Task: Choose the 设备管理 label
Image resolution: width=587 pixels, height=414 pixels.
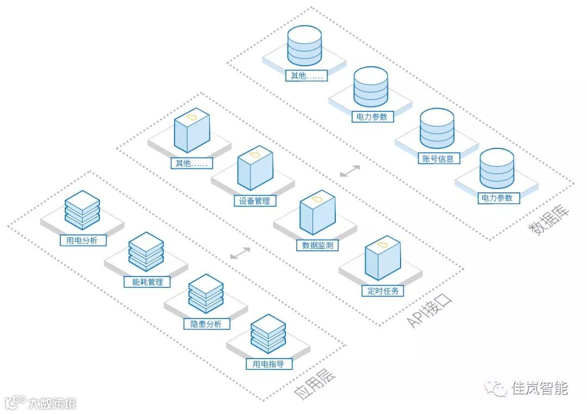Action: click(255, 201)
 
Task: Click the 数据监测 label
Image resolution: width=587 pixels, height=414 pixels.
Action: click(317, 246)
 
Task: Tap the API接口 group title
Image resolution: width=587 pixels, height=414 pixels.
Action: click(429, 312)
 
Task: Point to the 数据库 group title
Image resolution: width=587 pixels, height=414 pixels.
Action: click(549, 221)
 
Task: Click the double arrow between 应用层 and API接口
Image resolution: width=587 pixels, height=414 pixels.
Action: click(240, 253)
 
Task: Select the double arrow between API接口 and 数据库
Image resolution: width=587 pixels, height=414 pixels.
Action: click(349, 171)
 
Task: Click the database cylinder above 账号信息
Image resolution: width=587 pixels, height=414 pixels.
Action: click(437, 129)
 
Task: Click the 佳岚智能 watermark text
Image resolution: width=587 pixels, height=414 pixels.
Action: click(539, 388)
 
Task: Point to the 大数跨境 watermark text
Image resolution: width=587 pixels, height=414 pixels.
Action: click(52, 403)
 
